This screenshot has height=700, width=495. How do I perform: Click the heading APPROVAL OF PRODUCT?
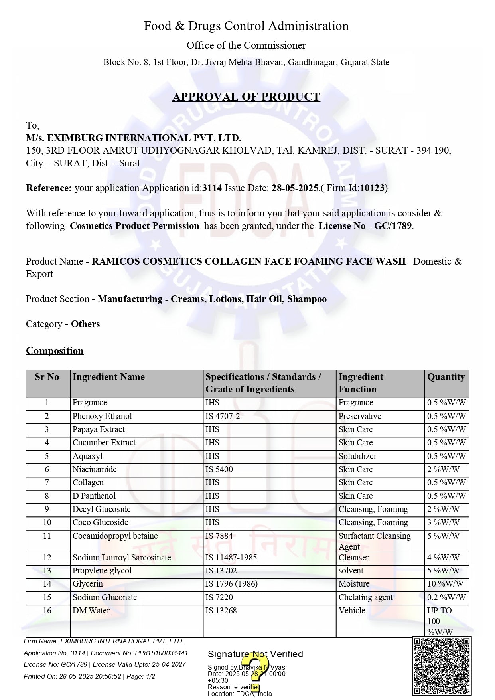(x=246, y=97)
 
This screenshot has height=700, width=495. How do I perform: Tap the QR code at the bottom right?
(x=442, y=666)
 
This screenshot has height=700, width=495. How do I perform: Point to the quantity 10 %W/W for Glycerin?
(x=445, y=584)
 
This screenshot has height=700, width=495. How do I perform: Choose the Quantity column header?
(x=446, y=377)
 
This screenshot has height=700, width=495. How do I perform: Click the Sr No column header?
(x=47, y=377)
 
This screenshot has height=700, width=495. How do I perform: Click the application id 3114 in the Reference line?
(x=212, y=188)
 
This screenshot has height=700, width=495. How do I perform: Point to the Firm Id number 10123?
(x=372, y=188)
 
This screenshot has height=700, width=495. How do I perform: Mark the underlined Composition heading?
(x=55, y=351)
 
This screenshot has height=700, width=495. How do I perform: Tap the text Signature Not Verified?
(x=255, y=654)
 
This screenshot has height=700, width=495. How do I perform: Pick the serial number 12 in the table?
(x=47, y=558)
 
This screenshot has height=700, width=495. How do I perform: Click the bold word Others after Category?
(x=85, y=324)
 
